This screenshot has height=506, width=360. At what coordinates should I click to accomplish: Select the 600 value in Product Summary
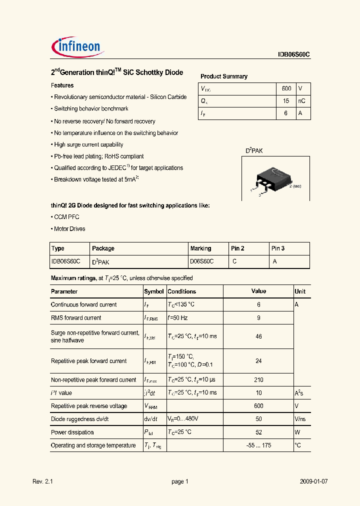pos(286,88)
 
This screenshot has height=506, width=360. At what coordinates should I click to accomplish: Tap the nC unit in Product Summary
pos(301,101)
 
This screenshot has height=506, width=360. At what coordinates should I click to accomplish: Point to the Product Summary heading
pos(223,76)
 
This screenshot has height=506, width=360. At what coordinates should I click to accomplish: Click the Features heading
pos(62,85)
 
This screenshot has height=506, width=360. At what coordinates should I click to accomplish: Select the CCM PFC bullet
pos(65,217)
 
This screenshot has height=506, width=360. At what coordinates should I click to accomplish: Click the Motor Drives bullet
pos(68,229)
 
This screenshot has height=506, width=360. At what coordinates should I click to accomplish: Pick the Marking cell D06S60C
pos(201,261)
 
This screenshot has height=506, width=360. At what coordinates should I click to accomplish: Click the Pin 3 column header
pos(278,248)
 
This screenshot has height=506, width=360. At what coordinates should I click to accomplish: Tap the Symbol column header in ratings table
pos(154,291)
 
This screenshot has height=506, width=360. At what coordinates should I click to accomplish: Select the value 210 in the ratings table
pos(258,380)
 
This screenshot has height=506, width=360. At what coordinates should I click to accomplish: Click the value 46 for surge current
pos(258,336)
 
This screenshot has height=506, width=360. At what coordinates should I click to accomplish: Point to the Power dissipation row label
pos(72,432)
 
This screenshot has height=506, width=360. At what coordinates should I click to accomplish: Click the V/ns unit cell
pos(300,419)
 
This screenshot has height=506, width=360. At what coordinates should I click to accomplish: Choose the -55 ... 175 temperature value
pos(258,445)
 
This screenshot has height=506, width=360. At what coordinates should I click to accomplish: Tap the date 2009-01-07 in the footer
pos(313,481)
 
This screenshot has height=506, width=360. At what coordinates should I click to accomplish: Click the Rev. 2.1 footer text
pos(42,481)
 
